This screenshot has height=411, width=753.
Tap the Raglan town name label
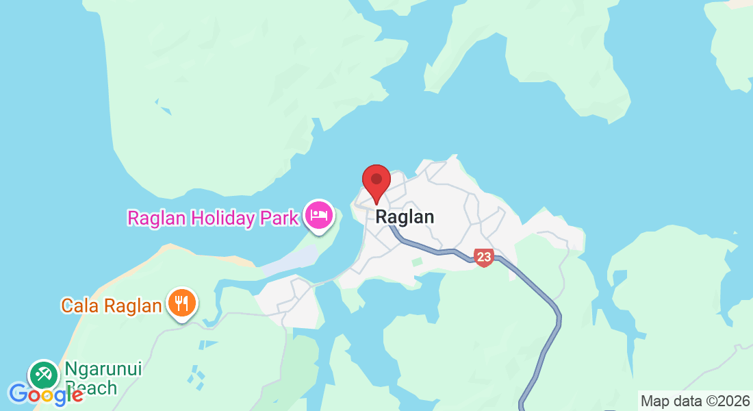405,217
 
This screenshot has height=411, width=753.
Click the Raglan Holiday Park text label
213,218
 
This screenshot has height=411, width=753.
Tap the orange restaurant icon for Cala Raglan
181,302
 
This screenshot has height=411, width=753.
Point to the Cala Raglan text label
112,306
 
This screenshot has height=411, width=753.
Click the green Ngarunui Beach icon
43,374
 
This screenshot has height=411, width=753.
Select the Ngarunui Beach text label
103,378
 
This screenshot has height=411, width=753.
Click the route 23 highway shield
483,258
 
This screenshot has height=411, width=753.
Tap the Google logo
46,395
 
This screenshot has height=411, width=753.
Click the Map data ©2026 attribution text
694,401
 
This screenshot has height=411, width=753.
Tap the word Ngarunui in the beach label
103,369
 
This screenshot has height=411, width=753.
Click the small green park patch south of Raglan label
417,262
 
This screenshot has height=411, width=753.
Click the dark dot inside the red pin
376,179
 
